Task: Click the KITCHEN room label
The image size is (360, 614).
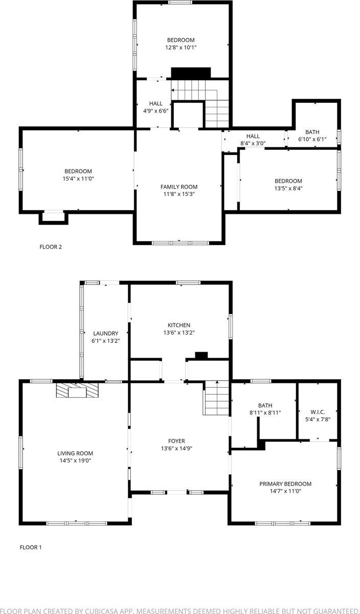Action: pyautogui.click(x=179, y=325)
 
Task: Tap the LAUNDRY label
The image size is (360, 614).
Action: pyautogui.click(x=105, y=333)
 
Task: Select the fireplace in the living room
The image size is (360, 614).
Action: pyautogui.click(x=76, y=391)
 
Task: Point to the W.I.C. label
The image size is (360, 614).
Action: pyautogui.click(x=318, y=412)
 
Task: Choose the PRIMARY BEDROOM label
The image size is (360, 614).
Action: pyautogui.click(x=285, y=484)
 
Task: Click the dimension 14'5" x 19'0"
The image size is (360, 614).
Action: pyautogui.click(x=75, y=461)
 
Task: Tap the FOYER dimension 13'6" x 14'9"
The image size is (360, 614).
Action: pyautogui.click(x=177, y=448)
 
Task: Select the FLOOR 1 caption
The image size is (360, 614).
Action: pyautogui.click(x=31, y=547)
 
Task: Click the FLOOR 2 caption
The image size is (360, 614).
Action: pyautogui.click(x=51, y=247)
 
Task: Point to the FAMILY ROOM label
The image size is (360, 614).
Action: pyautogui.click(x=178, y=187)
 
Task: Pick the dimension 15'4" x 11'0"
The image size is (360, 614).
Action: pyautogui.click(x=78, y=179)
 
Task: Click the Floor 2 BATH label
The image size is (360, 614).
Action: pyautogui.click(x=312, y=132)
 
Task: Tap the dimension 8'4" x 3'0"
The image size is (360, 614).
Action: pyautogui.click(x=253, y=143)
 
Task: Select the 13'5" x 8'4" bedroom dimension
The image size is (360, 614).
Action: pyautogui.click(x=288, y=188)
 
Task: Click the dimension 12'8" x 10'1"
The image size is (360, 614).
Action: pyautogui.click(x=181, y=47)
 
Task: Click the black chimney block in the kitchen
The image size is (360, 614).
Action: pyautogui.click(x=201, y=355)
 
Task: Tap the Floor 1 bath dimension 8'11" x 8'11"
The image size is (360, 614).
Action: pyautogui.click(x=265, y=412)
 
